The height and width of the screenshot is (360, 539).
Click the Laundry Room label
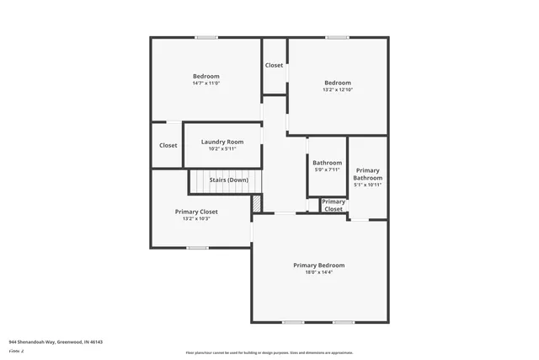point(222,142)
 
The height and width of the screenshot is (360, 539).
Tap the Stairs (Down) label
point(228,180)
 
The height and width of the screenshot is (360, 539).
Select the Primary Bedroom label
point(318,266)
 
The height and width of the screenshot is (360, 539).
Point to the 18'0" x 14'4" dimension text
point(318,272)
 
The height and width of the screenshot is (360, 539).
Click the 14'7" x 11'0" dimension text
point(205,83)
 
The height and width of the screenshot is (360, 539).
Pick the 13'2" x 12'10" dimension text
point(338,89)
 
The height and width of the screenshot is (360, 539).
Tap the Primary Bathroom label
point(367,175)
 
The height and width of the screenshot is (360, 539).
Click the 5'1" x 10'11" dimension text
point(367,185)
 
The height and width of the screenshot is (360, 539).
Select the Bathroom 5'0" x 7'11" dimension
point(327,169)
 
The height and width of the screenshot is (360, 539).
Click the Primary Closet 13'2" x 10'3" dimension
point(196,218)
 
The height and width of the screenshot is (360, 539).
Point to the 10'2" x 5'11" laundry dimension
point(222,148)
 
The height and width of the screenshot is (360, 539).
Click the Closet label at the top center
point(275,66)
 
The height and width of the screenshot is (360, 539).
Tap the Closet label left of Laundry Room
point(168,145)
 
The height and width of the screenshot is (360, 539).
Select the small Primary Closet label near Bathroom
point(334,205)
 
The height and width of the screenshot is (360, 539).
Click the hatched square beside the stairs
point(258,203)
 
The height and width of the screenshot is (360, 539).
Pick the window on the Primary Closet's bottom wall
point(197,247)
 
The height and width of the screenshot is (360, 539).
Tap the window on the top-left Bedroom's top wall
point(206,37)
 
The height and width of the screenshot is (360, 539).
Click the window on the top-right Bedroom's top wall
point(338,37)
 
